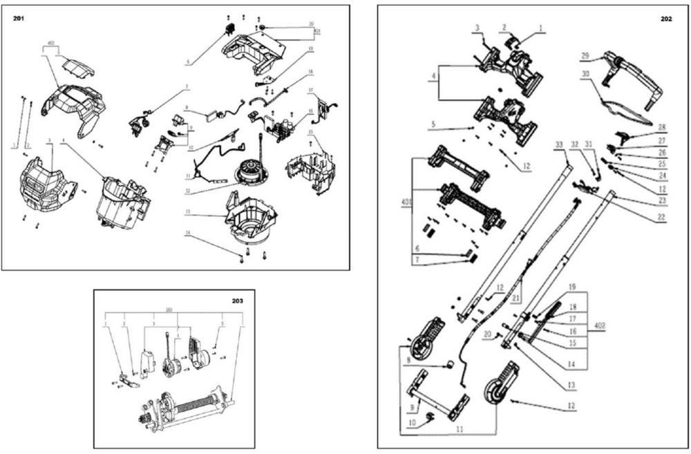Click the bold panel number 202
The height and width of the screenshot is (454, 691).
pyautogui.click(x=665, y=19)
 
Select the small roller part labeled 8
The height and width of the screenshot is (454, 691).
pyautogui.click(x=448, y=363)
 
